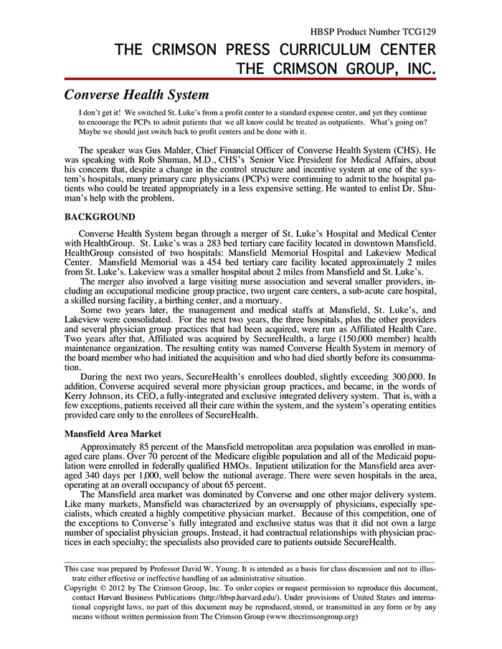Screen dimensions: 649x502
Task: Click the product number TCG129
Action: point(418,32)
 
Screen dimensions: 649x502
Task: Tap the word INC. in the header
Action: point(415,69)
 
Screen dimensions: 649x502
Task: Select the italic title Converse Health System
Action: point(136,95)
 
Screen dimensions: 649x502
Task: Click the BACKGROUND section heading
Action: point(100,216)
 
